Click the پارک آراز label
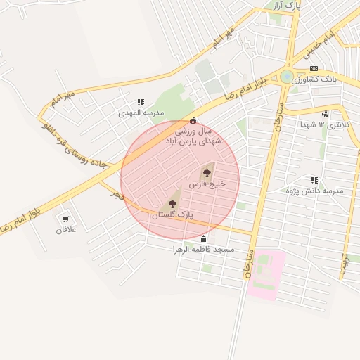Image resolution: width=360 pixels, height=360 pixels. [x=286, y=6]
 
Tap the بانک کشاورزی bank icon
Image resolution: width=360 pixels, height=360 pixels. [x=313, y=68]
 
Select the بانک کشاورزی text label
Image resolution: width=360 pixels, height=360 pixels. [x=316, y=79]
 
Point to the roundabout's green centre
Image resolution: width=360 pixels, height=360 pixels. [x=287, y=77]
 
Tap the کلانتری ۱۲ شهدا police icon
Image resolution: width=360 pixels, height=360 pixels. [x=324, y=114]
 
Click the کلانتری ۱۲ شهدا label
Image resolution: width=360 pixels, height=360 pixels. [x=325, y=124]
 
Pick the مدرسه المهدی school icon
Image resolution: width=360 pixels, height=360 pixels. [x=141, y=102]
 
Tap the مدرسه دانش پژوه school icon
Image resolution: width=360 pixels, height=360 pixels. [x=314, y=181]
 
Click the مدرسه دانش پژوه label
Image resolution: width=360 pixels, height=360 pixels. [x=314, y=191]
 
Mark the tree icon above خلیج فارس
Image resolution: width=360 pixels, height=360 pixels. [x=207, y=172]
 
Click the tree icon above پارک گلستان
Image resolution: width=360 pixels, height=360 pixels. [x=169, y=204]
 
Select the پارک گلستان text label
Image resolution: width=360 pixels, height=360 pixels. [x=172, y=214]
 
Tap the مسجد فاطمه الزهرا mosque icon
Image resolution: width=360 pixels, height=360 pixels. [x=204, y=239]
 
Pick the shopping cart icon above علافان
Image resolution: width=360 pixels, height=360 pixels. [x=66, y=219]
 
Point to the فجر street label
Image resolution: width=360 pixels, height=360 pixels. [x=115, y=194]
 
